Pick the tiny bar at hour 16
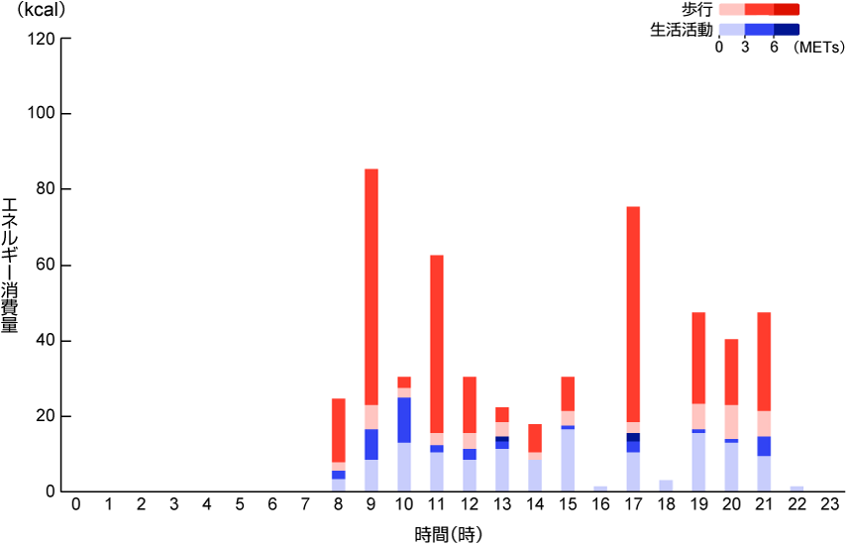pos(600,489)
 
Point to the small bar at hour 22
pos(796,489)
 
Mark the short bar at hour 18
pos(666,486)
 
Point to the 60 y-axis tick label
pos(44,266)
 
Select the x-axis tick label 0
pos(75,505)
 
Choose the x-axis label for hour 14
pos(535,505)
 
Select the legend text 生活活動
pos(681,29)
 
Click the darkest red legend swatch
pos(786,9)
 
